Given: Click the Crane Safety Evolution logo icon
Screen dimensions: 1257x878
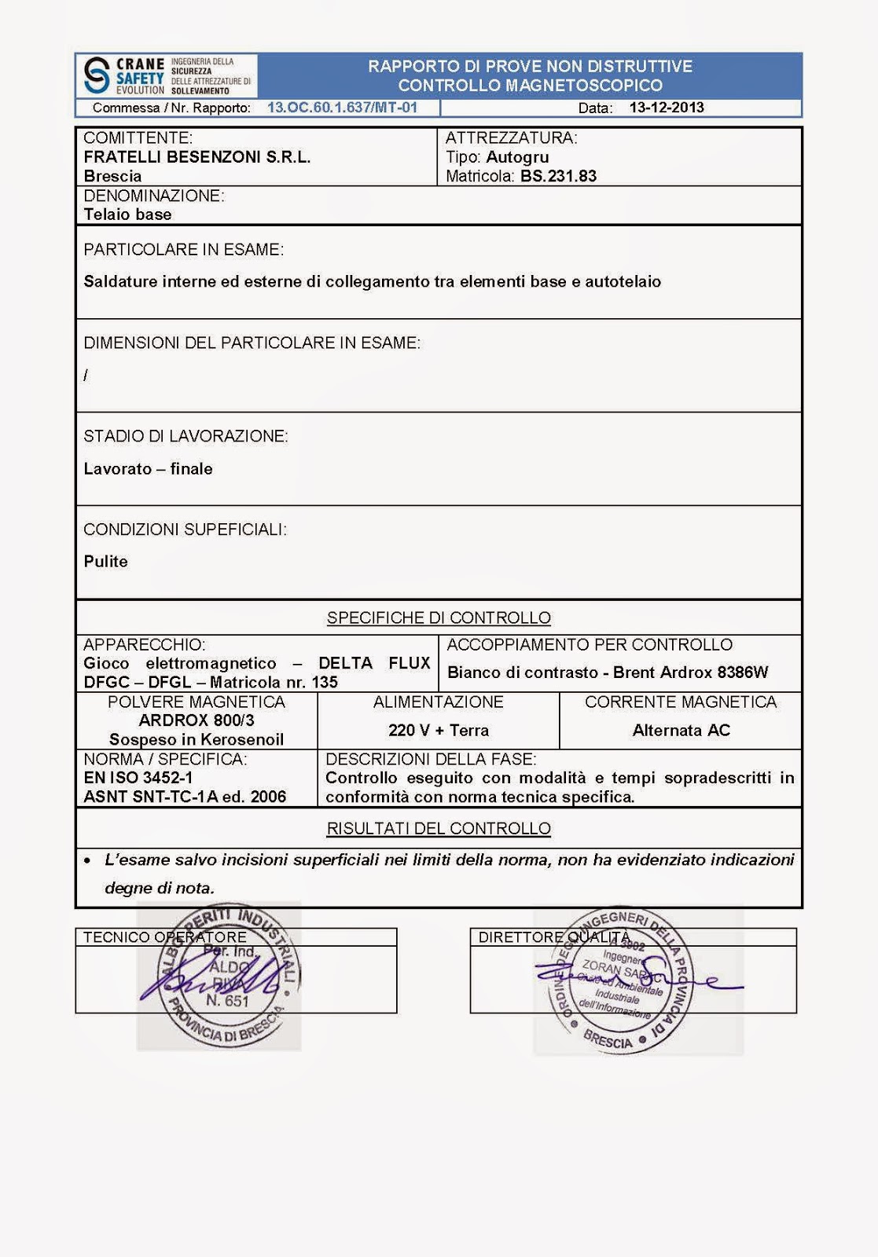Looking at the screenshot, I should pos(97,75).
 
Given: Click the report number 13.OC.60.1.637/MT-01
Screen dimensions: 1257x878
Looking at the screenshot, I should pos(342,108).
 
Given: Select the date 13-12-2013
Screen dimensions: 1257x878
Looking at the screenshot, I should pos(667,108).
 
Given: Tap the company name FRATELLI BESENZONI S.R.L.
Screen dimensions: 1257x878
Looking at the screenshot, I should pos(197,157).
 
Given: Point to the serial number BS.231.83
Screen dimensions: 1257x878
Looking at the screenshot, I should pos(558,176).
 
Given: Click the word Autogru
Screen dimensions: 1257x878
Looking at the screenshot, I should pos(517,157).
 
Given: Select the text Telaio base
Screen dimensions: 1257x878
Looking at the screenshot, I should pos(127,214).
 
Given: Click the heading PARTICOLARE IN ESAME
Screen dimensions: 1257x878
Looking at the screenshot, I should pos(183,250).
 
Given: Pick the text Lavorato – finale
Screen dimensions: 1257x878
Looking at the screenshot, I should pos(148,469).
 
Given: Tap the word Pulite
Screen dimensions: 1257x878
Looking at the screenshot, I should pos(105,562).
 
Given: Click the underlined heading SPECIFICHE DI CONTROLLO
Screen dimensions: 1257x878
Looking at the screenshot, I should pos(439,618).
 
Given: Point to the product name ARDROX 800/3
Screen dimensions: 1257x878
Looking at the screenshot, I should pos(197,720).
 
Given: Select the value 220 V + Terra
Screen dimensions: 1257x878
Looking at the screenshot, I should pos(439,731).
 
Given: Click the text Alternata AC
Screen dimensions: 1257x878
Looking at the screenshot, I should pos(681,731).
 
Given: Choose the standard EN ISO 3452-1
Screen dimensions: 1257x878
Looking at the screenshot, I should pos(138,778).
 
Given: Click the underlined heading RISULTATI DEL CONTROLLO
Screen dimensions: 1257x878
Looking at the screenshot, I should pos(439,829).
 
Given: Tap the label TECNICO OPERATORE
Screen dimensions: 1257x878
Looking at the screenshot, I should pos(165,937).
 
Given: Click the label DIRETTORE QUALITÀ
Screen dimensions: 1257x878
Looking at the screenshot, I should pos(554,937).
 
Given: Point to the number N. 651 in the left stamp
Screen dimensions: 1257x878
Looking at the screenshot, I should pos(227,1001).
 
